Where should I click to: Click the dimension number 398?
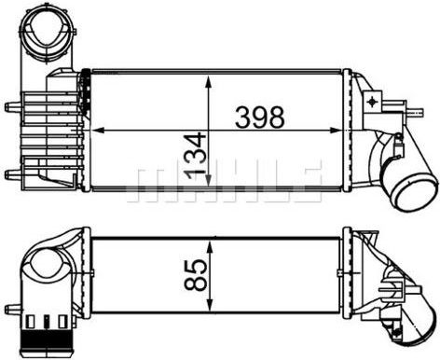pos(260,118)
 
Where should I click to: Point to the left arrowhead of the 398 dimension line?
pos(98,131)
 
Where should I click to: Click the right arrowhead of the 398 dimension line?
pos(335,131)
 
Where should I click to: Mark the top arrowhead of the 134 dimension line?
pos(209,80)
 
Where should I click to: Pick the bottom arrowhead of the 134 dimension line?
pos(209,179)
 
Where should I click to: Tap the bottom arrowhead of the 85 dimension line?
pos(211,305)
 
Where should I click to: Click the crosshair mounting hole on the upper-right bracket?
pos(372,102)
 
